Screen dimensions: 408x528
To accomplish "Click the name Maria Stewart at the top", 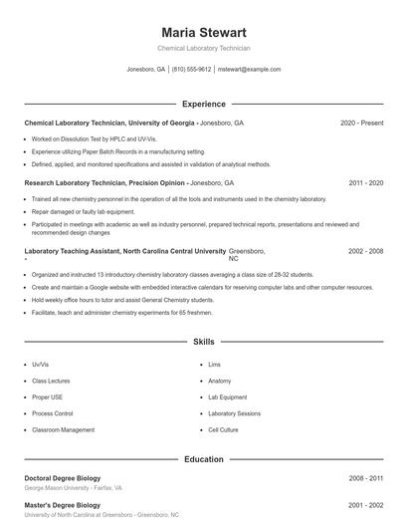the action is pos(203,33).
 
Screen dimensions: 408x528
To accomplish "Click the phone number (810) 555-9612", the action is pos(191,70).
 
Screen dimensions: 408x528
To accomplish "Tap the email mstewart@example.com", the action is pos(249,70).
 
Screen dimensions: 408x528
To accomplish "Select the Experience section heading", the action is pos(203,104).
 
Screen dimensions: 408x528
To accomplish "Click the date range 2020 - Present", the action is pos(361,123).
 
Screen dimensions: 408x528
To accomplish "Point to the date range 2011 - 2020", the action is pos(365,183).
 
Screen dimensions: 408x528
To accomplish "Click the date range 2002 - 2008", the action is pos(365,251).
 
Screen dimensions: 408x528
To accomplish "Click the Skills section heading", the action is pos(203,342).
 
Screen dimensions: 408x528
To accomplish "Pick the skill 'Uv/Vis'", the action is pos(40,365).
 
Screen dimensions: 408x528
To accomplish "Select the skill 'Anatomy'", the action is pos(219,381).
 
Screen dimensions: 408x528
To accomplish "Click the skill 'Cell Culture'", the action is pos(223,429).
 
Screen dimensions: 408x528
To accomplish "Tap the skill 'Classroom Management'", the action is pos(64,429).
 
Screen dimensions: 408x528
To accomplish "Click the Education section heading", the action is pos(203,459).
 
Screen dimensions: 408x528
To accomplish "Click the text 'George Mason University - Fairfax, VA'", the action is pos(74,488).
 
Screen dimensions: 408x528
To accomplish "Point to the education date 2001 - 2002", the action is pos(365,505).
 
